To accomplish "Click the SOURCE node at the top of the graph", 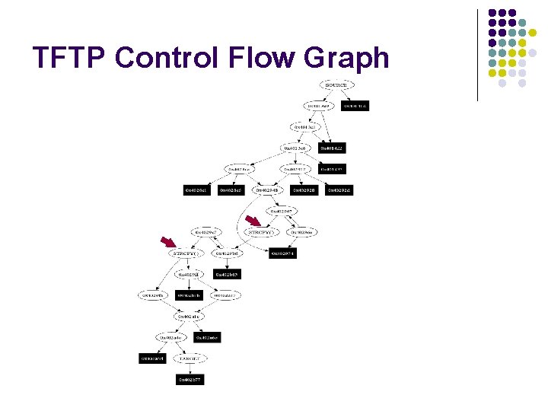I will click(336, 86).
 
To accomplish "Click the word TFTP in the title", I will click(68, 59).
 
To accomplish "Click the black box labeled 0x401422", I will click(332, 148).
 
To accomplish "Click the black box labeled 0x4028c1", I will click(196, 190).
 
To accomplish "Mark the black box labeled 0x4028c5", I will click(231, 190).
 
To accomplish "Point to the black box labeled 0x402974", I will click(282, 253).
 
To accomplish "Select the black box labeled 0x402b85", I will click(227, 274).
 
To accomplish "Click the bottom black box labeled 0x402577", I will click(190, 378).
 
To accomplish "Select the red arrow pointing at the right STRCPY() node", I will click(253, 222).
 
